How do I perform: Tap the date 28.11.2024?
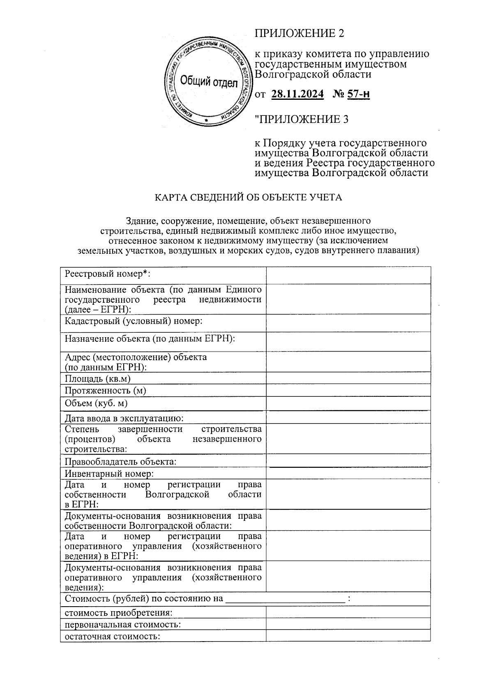pyautogui.click(x=297, y=94)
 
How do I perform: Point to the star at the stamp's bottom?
pyautogui.click(x=207, y=120)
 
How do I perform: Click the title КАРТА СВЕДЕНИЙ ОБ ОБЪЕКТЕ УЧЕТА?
pyautogui.click(x=248, y=198)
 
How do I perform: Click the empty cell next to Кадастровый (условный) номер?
pyautogui.click(x=348, y=323)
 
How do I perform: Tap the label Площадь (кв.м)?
pyautogui.click(x=98, y=379)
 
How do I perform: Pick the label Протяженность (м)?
pyautogui.click(x=105, y=391)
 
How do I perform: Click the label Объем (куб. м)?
pyautogui.click(x=96, y=403)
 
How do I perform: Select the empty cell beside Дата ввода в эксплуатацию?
pyautogui.click(x=348, y=418)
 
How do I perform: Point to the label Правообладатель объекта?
pyautogui.click(x=120, y=462)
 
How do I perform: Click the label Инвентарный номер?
pyautogui.click(x=109, y=474)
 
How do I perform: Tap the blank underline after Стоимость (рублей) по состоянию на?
pyautogui.click(x=286, y=599)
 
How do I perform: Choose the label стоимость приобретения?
pyautogui.click(x=118, y=613)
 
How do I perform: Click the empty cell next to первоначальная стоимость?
pyautogui.click(x=348, y=624)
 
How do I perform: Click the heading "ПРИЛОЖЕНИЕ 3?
pyautogui.click(x=302, y=120)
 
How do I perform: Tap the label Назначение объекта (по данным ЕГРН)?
pyautogui.click(x=150, y=339)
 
